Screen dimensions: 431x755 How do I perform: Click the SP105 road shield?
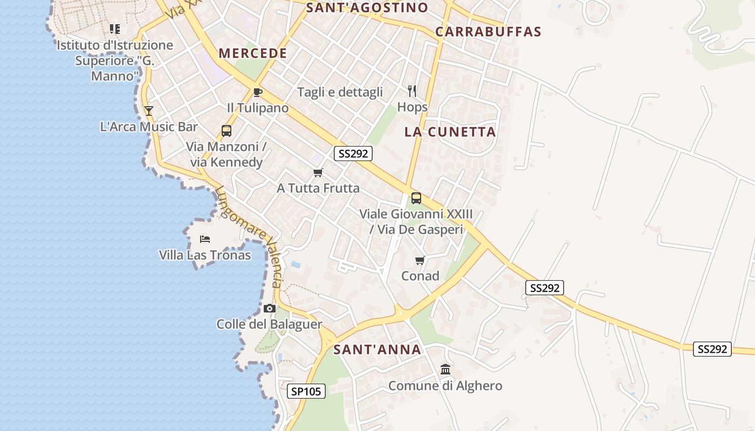[x=306, y=391]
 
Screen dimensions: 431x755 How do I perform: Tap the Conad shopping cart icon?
[x=420, y=261]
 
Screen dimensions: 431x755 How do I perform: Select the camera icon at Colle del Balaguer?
[x=270, y=309]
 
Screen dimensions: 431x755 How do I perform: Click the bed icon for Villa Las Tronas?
[x=204, y=239]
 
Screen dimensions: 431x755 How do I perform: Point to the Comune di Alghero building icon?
[x=445, y=370]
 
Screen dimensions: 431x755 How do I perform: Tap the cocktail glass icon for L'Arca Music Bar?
[x=149, y=111]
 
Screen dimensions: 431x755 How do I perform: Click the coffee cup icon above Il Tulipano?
[x=258, y=92]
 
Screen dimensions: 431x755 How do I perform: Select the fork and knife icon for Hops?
[x=412, y=91]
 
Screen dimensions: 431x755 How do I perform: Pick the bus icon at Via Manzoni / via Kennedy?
[x=226, y=131]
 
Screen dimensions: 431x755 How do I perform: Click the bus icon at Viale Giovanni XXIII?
[x=416, y=198]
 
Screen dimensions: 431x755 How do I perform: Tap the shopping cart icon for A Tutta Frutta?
[x=318, y=173]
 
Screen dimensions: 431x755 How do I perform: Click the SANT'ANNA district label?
[x=377, y=350]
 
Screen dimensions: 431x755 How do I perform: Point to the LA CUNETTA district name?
[x=450, y=132]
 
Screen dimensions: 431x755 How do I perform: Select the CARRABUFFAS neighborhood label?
[x=488, y=31]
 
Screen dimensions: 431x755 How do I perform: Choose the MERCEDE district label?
[x=253, y=53]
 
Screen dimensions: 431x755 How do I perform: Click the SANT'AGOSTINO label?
[x=367, y=8]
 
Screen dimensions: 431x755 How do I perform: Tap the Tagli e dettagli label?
[x=340, y=92]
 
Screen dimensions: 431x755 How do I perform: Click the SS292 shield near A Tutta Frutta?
[x=353, y=154]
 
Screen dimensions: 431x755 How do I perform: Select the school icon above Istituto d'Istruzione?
[x=114, y=29]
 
